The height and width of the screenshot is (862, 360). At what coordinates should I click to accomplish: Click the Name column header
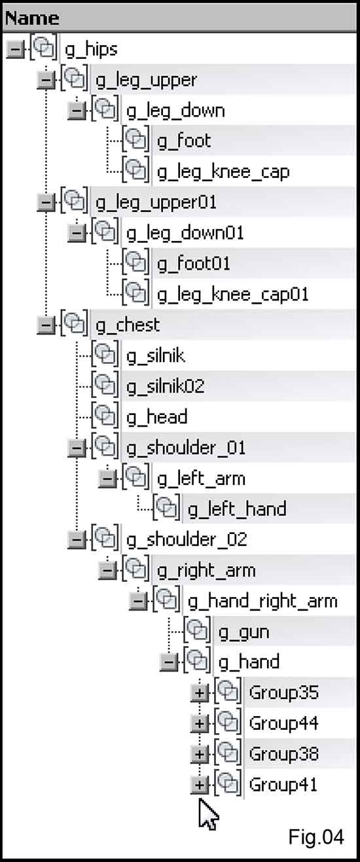32,18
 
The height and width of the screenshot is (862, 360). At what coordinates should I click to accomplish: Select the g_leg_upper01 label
156,203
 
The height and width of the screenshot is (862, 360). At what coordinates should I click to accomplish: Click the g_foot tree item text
184,141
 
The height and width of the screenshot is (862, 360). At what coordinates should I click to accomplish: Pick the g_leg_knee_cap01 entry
233,295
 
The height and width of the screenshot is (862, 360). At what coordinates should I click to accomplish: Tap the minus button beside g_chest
46,325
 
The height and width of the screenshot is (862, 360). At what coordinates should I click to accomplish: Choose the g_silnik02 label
165,386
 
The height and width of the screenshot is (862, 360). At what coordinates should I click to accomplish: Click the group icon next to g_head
105,416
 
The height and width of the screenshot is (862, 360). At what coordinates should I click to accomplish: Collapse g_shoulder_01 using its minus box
77,448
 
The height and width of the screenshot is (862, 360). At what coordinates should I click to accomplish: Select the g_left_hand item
237,509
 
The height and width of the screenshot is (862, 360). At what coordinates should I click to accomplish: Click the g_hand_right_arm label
262,602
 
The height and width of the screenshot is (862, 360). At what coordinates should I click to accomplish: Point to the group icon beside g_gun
197,631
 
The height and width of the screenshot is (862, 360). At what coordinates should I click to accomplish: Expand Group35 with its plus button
200,693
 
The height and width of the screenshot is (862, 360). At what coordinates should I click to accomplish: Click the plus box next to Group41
200,785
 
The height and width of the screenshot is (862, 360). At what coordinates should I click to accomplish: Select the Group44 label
284,723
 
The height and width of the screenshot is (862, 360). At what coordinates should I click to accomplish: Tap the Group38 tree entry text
284,754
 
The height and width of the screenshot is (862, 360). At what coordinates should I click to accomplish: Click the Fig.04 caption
316,837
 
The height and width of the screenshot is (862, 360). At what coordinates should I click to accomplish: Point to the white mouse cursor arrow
208,814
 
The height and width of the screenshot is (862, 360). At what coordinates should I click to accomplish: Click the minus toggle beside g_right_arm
107,571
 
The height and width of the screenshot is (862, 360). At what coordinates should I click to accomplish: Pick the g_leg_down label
175,111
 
